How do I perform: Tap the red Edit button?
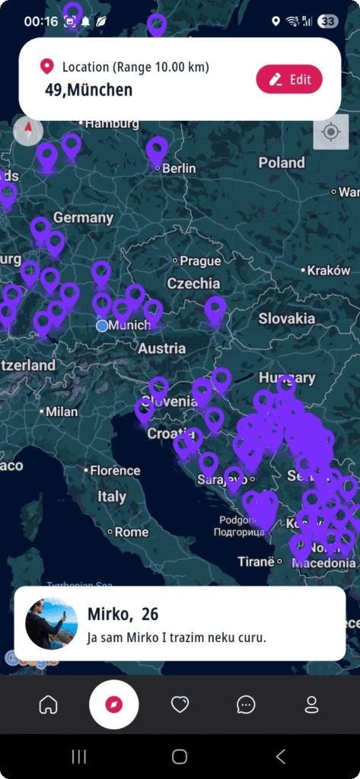289,79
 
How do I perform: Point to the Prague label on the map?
200,261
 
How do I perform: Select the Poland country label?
282,163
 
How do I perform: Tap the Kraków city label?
330,270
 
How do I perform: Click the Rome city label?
131,532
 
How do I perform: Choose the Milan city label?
61,412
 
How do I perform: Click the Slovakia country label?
286,319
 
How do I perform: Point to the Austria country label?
161,348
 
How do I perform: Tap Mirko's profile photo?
52,623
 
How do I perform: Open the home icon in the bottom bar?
48,704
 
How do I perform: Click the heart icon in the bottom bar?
180,704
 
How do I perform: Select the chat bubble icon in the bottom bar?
246,704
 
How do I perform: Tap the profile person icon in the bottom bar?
311,704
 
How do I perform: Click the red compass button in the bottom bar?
113,704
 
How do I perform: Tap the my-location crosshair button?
330,132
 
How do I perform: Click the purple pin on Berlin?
157,150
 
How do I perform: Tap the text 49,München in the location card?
88,90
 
